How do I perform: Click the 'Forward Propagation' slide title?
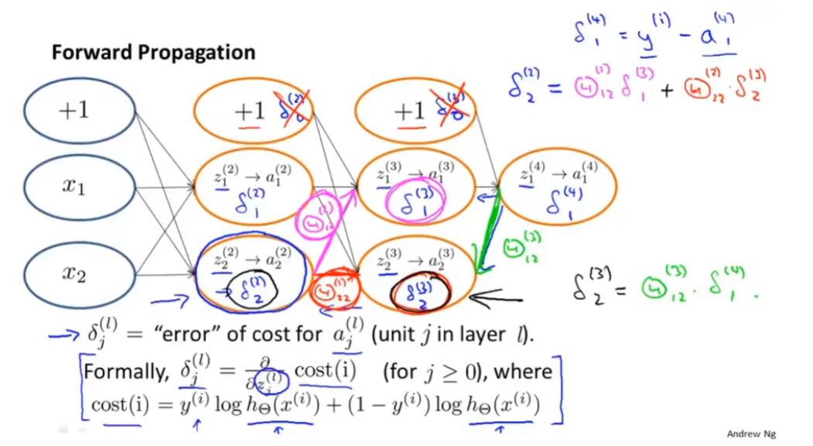coord(153,53)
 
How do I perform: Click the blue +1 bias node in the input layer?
coord(73,110)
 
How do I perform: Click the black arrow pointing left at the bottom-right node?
coord(500,294)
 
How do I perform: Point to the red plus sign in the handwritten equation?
coord(668,91)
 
